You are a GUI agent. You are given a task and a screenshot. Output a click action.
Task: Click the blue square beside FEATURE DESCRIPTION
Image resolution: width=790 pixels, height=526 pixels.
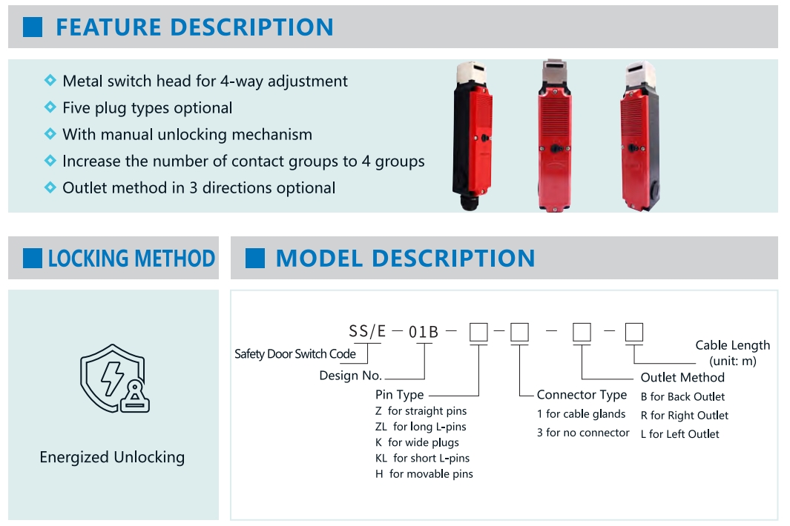33,27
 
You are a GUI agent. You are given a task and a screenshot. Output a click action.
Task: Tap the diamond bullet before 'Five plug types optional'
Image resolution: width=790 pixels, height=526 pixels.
50,107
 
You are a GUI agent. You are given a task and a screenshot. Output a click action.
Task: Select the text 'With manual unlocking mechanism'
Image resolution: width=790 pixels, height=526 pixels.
187,134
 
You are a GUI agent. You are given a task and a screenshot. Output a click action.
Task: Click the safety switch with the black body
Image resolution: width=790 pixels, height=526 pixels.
472,136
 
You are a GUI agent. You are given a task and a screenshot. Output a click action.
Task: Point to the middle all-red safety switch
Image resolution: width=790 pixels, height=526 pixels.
554,136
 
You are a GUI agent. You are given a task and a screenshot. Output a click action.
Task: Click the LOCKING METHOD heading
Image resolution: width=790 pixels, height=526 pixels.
131,259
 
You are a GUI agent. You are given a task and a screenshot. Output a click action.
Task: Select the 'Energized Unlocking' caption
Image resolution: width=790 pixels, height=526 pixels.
112,457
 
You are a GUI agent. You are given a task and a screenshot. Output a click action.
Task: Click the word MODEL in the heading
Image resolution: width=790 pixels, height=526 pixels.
320,259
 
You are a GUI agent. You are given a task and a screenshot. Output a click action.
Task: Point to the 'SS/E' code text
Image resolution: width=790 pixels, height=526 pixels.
367,331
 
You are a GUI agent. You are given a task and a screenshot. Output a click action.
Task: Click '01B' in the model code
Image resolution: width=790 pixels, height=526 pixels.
424,332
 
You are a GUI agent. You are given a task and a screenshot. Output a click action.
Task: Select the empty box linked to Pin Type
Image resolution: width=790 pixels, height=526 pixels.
478,333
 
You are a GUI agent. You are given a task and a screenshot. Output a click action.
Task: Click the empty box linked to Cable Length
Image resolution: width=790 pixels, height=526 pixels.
634,333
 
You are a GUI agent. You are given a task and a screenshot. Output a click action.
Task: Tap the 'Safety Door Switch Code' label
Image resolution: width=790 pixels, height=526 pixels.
295,354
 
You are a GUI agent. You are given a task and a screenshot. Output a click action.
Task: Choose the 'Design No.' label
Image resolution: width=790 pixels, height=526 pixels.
351,376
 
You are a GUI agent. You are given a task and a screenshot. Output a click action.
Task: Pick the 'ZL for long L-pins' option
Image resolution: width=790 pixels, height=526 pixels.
421,427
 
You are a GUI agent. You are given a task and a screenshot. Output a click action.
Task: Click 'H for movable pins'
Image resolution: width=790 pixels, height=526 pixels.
424,473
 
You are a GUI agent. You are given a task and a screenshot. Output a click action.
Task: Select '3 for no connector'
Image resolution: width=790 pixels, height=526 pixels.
583,433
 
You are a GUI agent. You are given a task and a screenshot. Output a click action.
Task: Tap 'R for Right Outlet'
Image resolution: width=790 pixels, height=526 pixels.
685,416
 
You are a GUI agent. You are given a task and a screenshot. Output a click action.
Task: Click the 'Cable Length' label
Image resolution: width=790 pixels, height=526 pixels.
733,345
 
